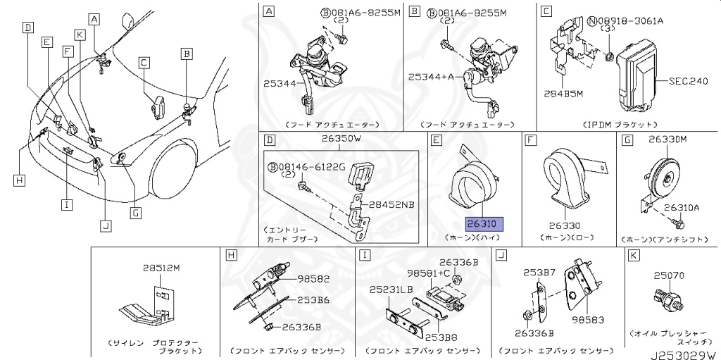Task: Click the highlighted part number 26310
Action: coord(482,225)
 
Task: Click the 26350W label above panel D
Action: coord(341,139)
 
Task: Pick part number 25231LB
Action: coord(391,290)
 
